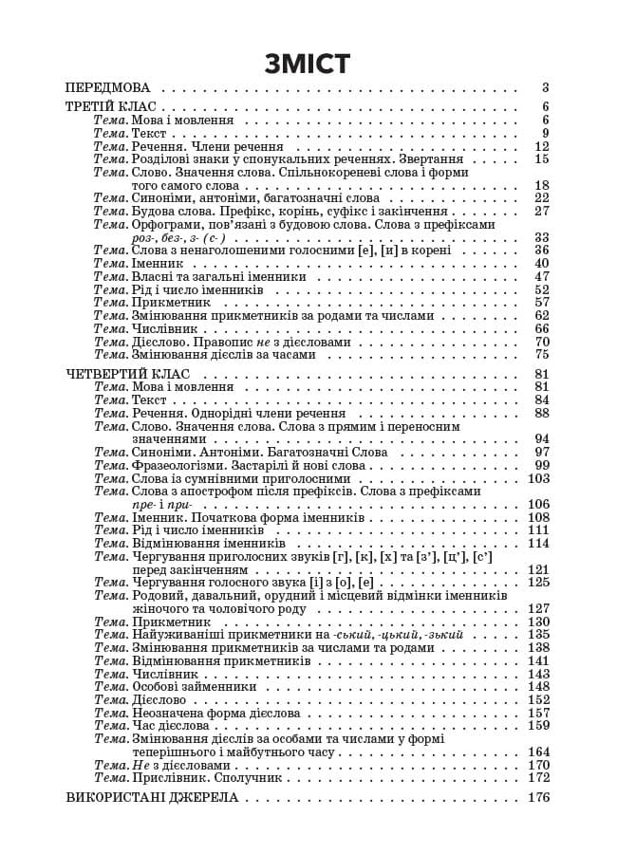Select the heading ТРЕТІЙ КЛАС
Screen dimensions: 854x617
click(x=111, y=107)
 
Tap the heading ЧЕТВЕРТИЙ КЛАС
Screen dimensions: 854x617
click(x=128, y=374)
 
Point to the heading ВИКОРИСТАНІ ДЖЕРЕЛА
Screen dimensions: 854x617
click(x=152, y=797)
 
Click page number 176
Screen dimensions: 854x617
click(x=538, y=797)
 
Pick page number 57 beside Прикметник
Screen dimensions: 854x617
click(x=542, y=303)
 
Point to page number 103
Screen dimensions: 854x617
click(x=538, y=479)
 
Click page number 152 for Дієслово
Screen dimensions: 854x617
click(x=538, y=699)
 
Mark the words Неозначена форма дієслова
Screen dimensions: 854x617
click(x=215, y=713)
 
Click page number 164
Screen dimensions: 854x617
click(x=538, y=752)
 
